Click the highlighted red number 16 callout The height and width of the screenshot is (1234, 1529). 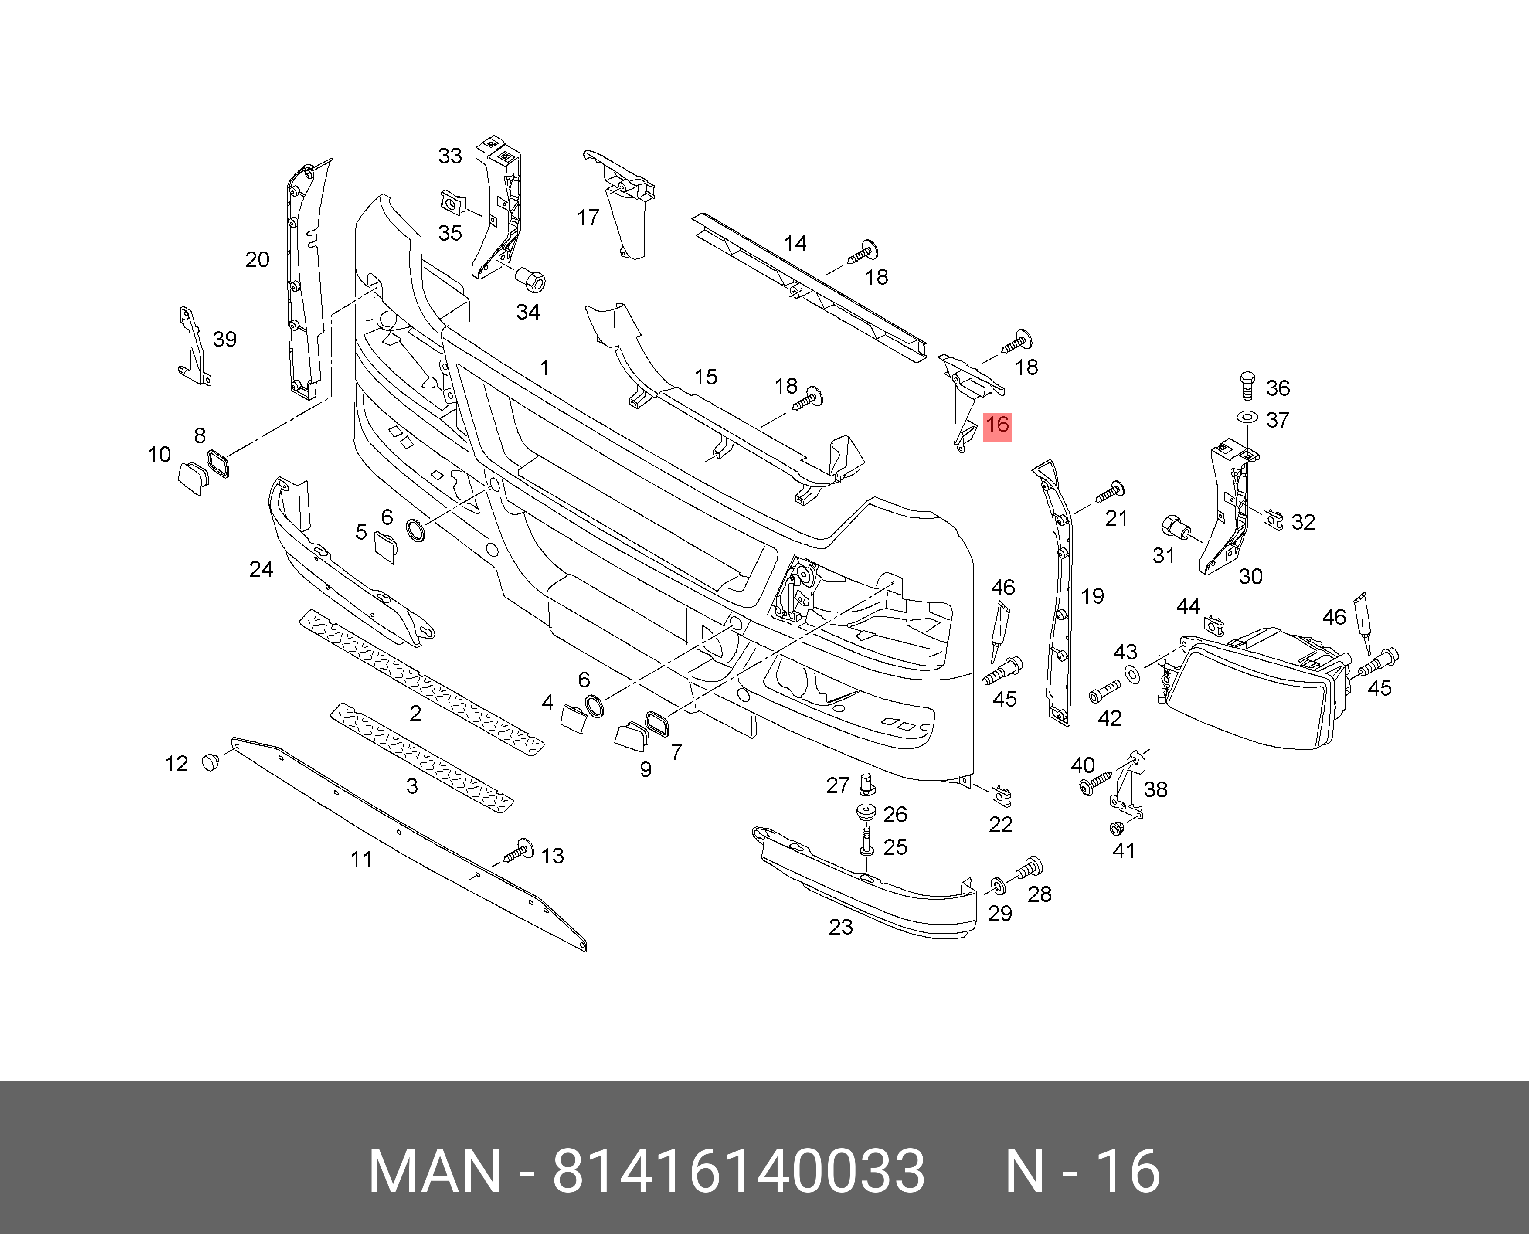(x=996, y=426)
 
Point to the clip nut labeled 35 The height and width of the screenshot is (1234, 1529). (x=452, y=203)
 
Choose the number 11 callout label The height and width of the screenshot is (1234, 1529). (x=361, y=860)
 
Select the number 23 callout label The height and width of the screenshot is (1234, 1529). (x=840, y=927)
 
